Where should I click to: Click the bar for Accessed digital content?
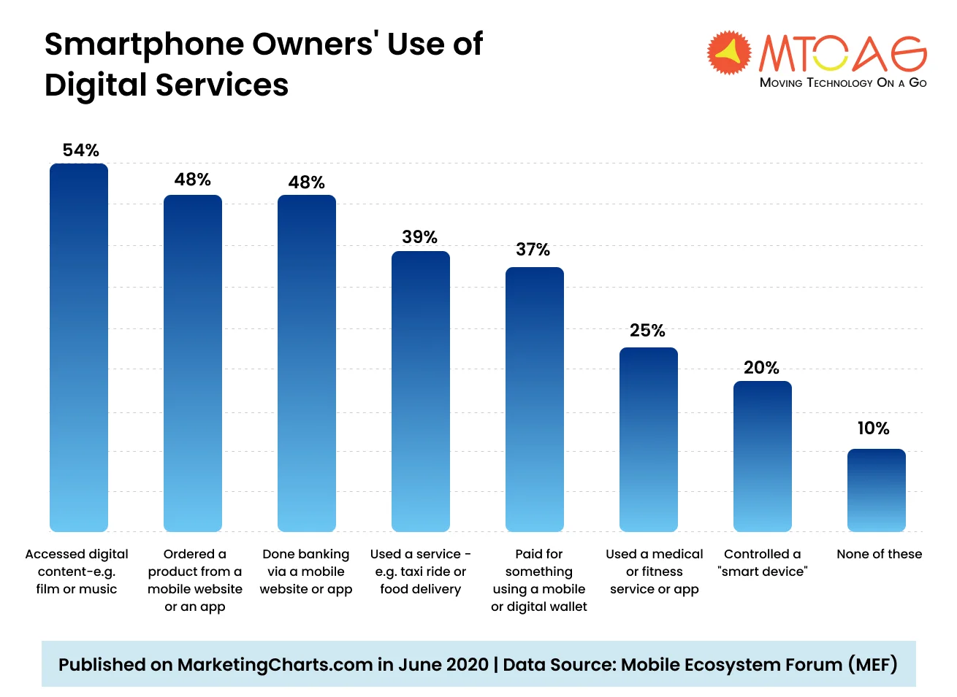pyautogui.click(x=79, y=347)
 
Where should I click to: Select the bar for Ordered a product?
pyautogui.click(x=193, y=363)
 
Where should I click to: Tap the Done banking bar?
pyautogui.click(x=307, y=363)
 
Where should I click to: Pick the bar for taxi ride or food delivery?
pyautogui.click(x=421, y=391)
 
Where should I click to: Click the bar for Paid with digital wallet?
pyautogui.click(x=535, y=399)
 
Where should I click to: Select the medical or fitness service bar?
pyautogui.click(x=649, y=439)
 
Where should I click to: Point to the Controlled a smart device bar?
pyautogui.click(x=763, y=456)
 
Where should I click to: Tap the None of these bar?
pyautogui.click(x=877, y=490)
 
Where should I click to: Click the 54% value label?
pyautogui.click(x=80, y=150)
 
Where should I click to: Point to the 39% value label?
pyautogui.click(x=419, y=237)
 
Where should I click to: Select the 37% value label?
pyautogui.click(x=533, y=250)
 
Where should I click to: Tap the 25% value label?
pyautogui.click(x=647, y=331)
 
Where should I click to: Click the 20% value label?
pyautogui.click(x=761, y=368)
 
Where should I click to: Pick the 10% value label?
pyautogui.click(x=873, y=428)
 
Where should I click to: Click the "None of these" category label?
pyautogui.click(x=879, y=554)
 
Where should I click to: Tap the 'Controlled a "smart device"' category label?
pyautogui.click(x=763, y=563)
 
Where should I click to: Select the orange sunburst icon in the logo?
pyautogui.click(x=728, y=53)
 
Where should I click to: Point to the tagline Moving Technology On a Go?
pyautogui.click(x=843, y=82)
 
